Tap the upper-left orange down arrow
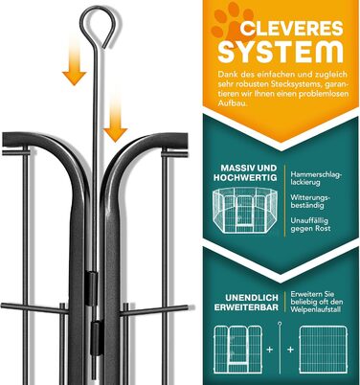[x=74, y=62]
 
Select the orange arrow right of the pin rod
[x=115, y=117]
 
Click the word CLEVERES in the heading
[x=291, y=29]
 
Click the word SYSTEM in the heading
[x=281, y=53]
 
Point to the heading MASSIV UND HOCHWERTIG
[x=245, y=172]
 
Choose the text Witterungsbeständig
[x=310, y=201]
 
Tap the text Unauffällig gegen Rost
[x=310, y=224]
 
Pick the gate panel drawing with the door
[x=238, y=350]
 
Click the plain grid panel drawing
[x=323, y=350]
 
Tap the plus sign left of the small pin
[x=270, y=350]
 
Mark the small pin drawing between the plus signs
[x=280, y=348]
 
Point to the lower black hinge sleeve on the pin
[x=97, y=338]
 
